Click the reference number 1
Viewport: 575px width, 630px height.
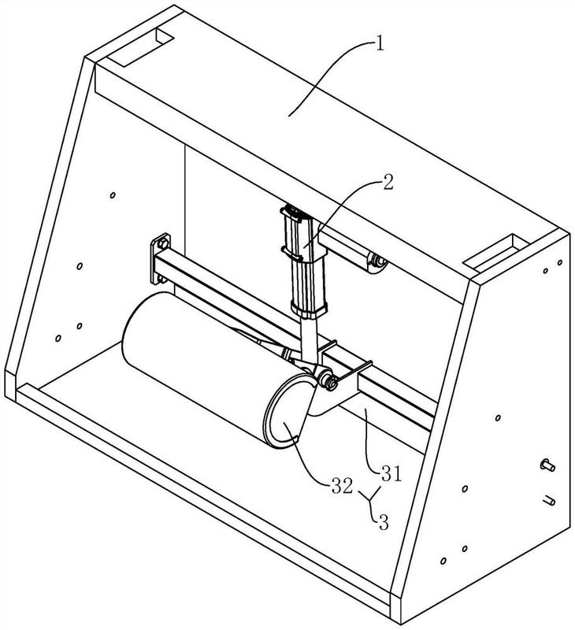coord(378,42)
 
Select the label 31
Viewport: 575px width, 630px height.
coord(391,473)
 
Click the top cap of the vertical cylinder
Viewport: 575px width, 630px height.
coord(292,212)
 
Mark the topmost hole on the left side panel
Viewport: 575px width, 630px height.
coord(113,195)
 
